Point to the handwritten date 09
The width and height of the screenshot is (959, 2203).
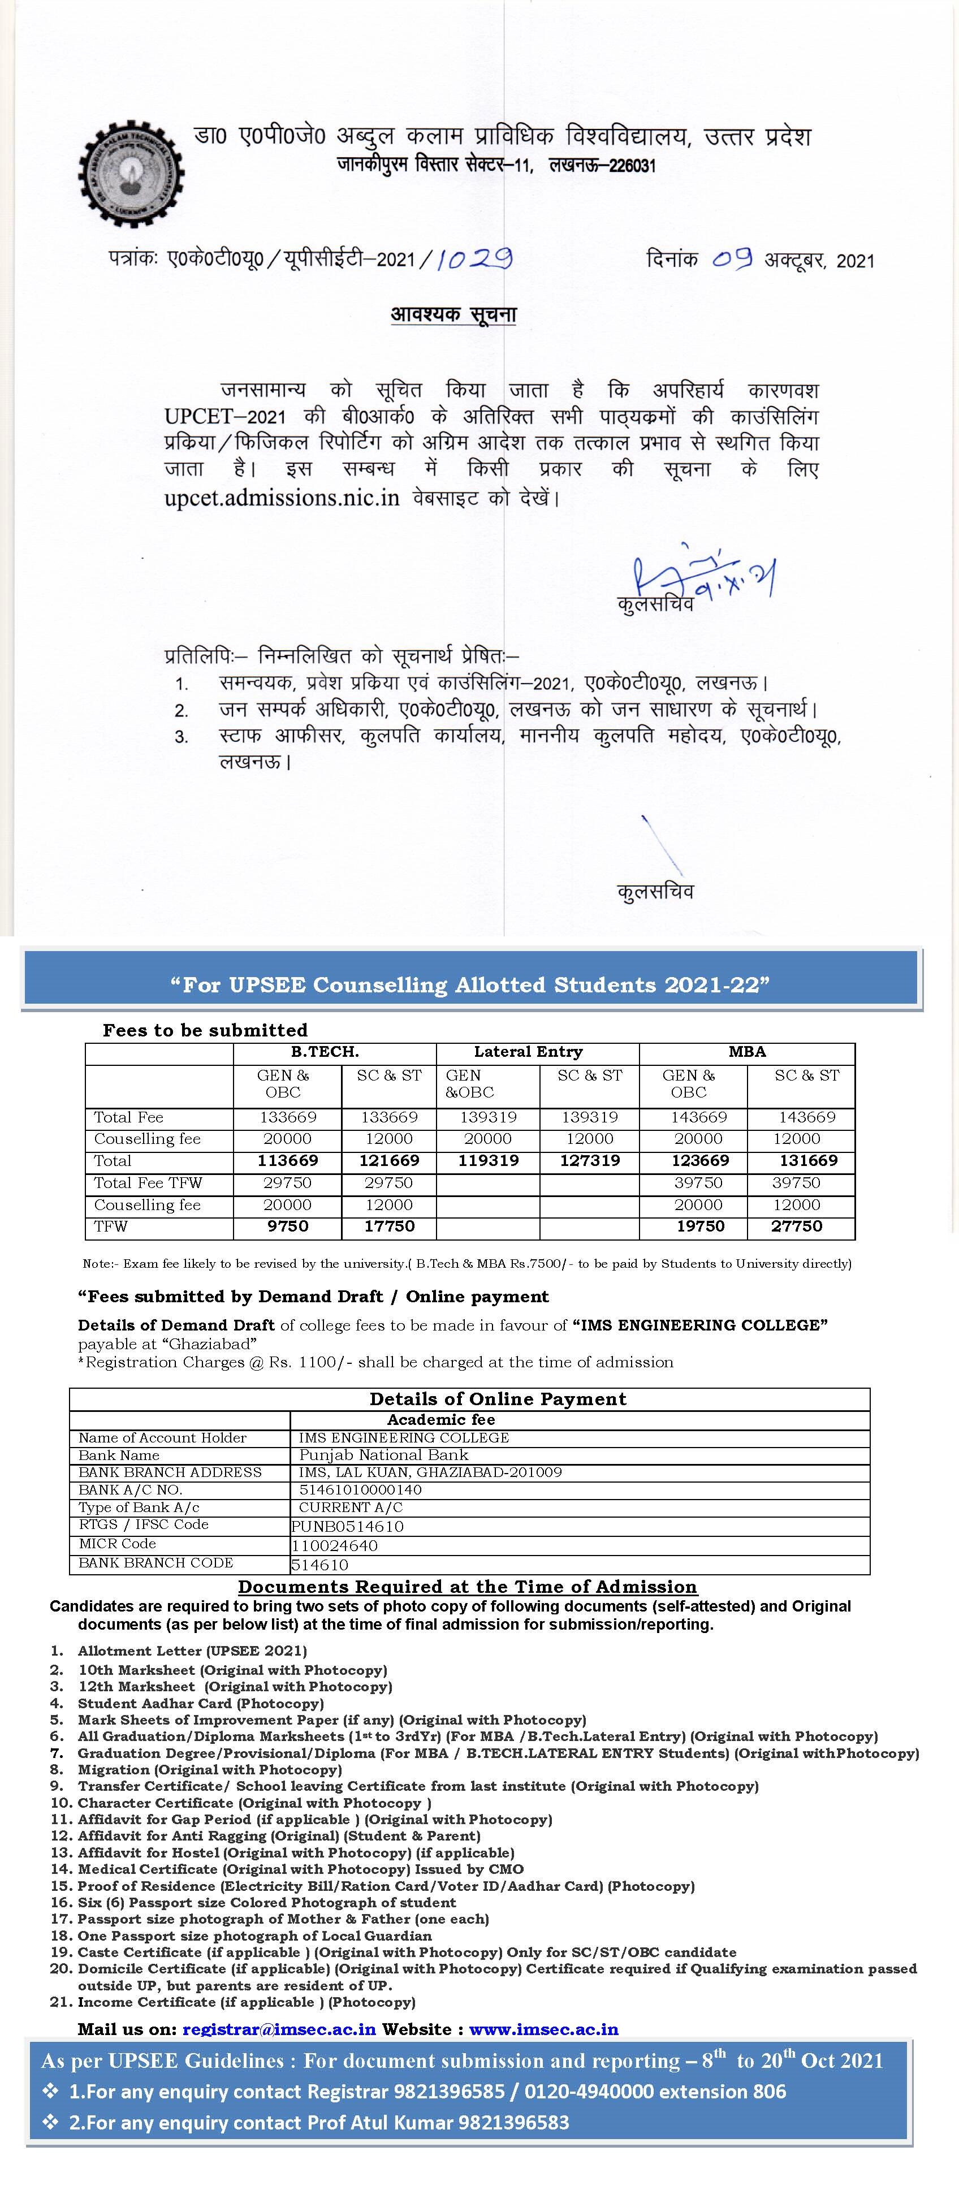pos(732,258)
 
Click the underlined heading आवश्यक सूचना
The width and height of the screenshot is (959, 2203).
pos(453,315)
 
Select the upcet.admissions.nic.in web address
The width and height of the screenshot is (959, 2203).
pos(282,498)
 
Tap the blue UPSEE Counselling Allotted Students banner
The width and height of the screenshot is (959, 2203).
pos(470,984)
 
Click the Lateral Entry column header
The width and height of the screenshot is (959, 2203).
pos(528,1052)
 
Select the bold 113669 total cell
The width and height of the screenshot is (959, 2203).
pos(287,1160)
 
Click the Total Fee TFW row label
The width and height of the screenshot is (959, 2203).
pos(148,1183)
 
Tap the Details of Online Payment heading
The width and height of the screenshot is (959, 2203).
pos(498,1399)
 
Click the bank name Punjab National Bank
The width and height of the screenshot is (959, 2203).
pos(383,1455)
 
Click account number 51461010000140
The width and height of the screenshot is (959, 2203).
pos(360,1490)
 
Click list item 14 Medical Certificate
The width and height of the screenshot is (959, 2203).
pos(300,1869)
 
